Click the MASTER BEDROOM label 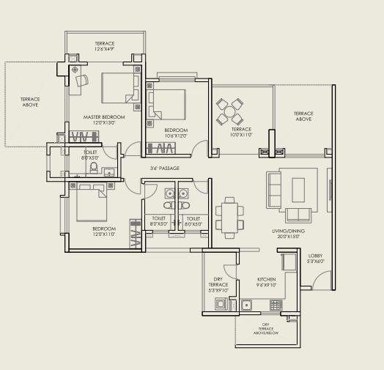tap(103, 117)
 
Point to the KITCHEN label tap(266, 281)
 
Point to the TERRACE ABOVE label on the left tap(30, 103)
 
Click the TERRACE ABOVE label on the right tap(303, 116)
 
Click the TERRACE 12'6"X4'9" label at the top tap(104, 47)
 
